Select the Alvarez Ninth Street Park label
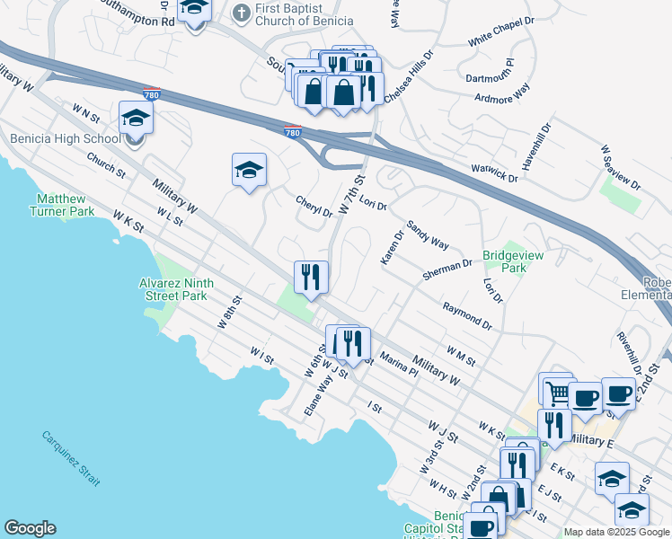point(176,288)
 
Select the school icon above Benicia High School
point(136,118)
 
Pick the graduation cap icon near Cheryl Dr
point(249,169)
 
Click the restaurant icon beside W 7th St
point(311,277)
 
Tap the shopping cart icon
point(556,390)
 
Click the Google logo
point(31,528)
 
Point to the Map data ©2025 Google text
point(617,532)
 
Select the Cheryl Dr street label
point(314,208)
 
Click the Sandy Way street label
point(428,235)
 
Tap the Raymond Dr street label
point(467,316)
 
